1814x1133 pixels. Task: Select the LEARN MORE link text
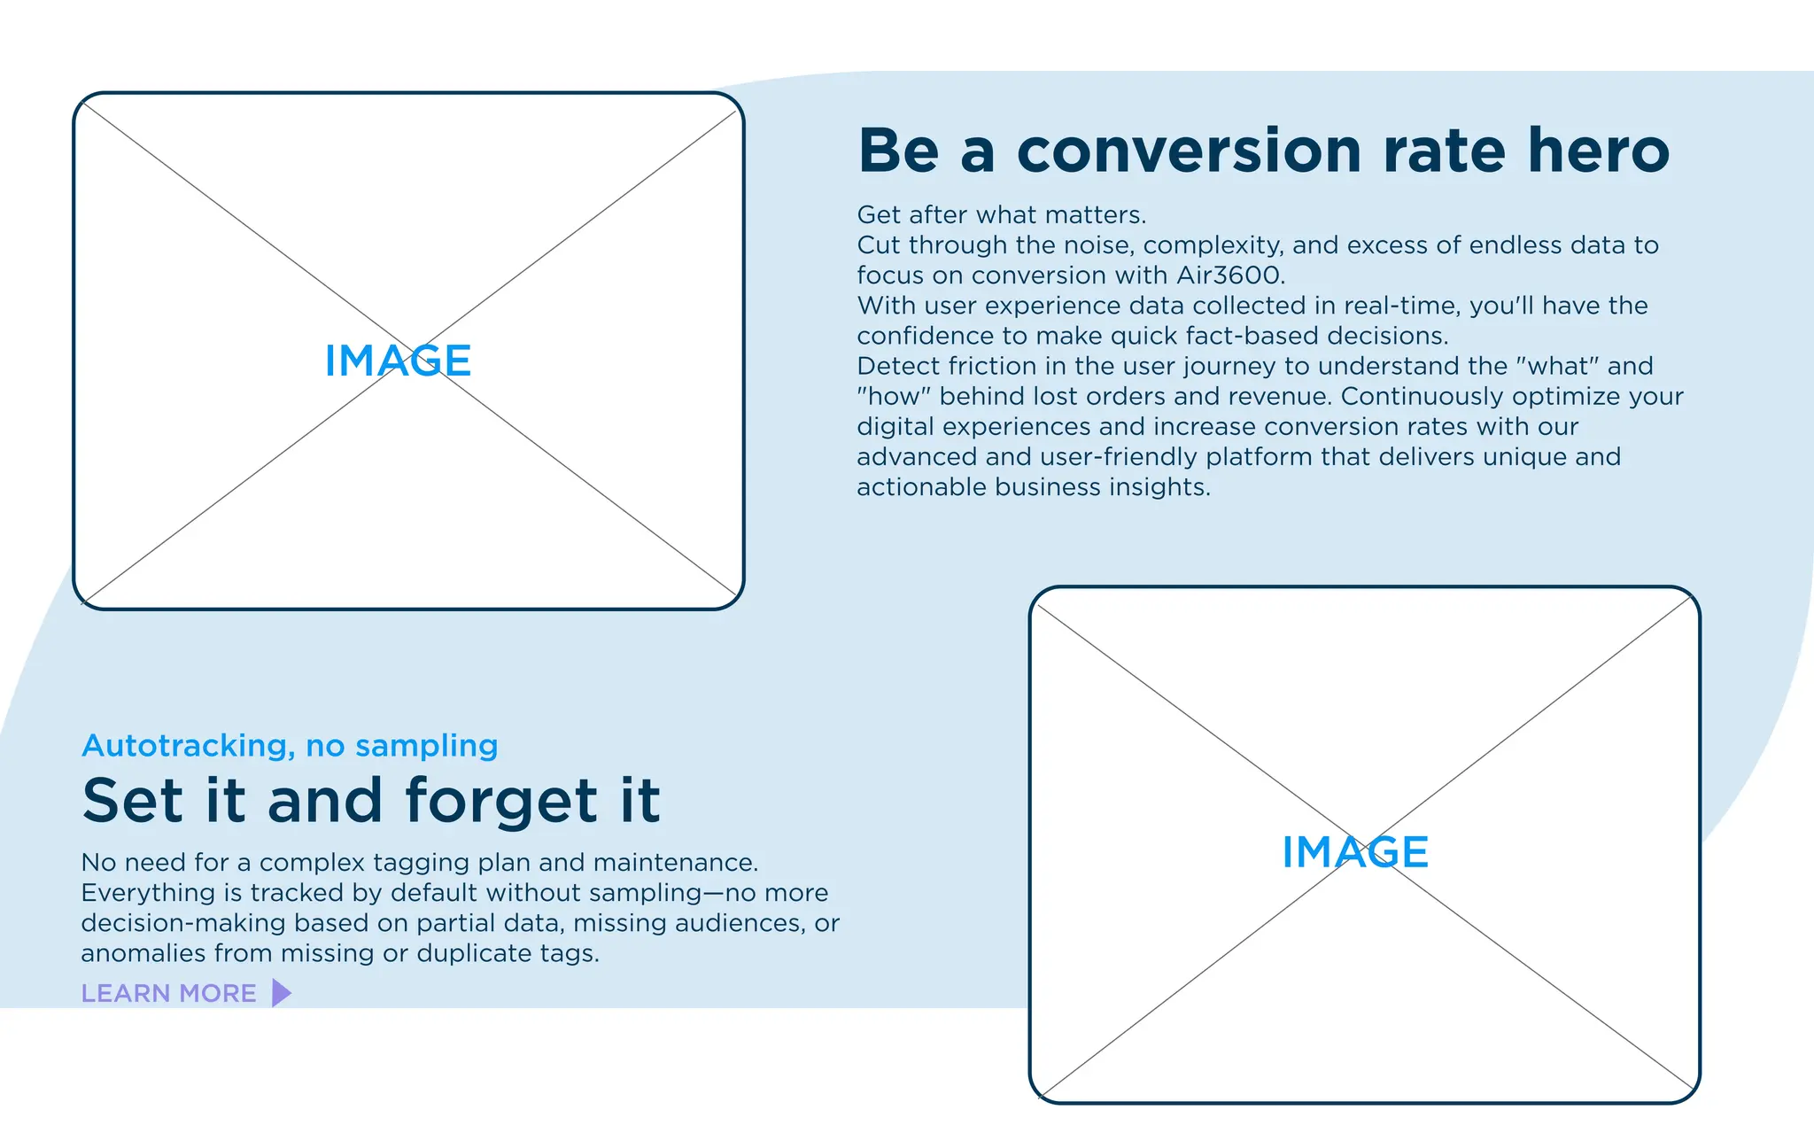point(168,993)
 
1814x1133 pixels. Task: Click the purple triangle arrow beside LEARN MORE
point(281,993)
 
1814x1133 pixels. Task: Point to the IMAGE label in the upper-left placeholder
point(398,361)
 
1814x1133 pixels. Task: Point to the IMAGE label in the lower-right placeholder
point(1355,852)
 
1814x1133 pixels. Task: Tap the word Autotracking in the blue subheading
point(187,746)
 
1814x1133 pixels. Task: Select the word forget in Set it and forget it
point(501,801)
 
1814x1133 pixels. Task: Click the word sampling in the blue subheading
point(427,746)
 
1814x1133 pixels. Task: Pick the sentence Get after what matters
point(1001,215)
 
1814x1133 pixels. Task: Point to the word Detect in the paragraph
point(898,366)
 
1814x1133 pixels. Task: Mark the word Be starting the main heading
point(898,151)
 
